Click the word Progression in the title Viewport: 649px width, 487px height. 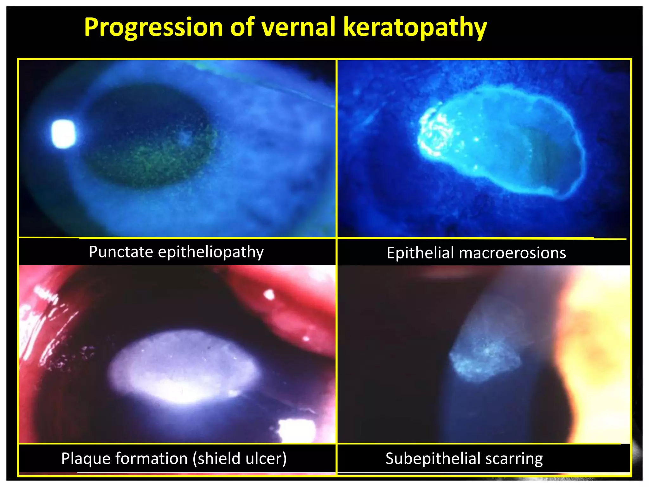coord(153,27)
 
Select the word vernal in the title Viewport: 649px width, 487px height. coord(299,27)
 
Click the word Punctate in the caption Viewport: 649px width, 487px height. coord(121,252)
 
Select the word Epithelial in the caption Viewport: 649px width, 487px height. coord(420,253)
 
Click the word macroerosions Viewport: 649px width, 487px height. coord(512,253)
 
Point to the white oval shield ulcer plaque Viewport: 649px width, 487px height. coord(184,368)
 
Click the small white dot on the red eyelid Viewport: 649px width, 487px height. coord(269,295)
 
